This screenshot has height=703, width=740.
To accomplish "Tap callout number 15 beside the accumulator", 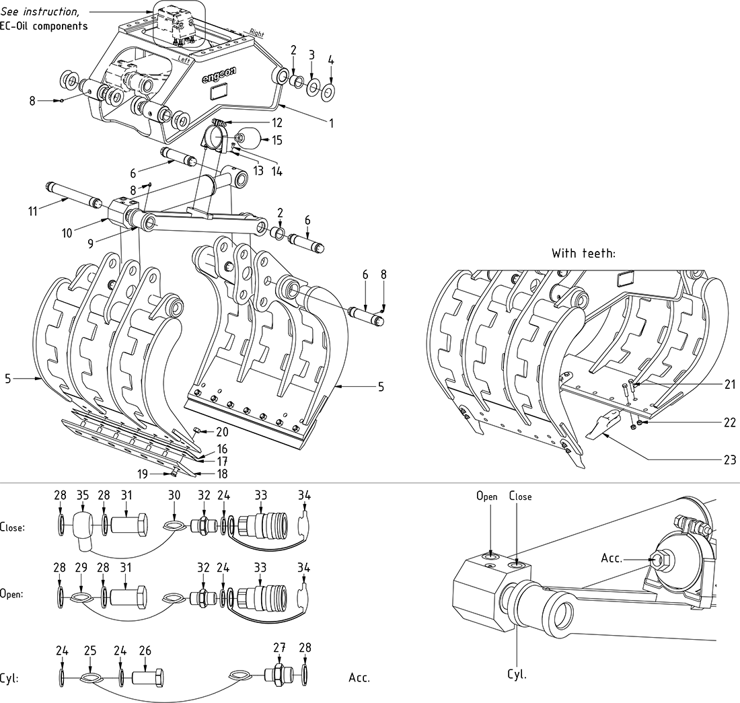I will (x=277, y=141).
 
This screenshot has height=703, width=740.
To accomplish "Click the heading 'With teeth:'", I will (x=585, y=254).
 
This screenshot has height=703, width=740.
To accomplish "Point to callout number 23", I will (x=731, y=460).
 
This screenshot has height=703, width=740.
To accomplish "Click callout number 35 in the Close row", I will (x=83, y=496).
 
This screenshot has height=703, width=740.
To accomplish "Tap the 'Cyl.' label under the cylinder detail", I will (x=517, y=674).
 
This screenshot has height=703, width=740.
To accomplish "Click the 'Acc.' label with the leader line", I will (x=612, y=558).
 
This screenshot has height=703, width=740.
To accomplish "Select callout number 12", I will (x=277, y=122).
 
